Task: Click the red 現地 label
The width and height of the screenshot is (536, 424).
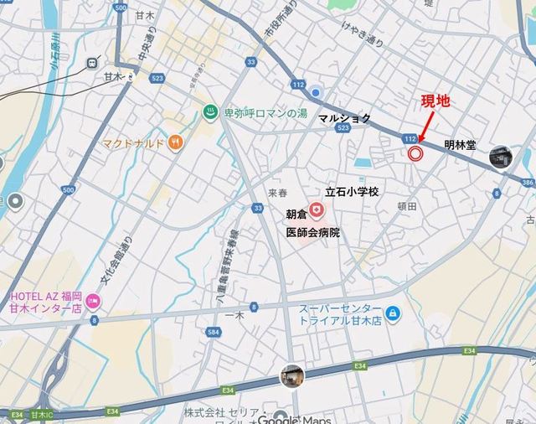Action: (435, 101)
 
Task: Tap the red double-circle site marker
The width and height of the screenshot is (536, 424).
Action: (415, 153)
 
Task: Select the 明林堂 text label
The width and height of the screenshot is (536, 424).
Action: (460, 145)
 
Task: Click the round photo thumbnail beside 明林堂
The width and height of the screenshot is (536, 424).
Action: (501, 155)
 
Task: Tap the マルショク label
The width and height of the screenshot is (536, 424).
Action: (344, 119)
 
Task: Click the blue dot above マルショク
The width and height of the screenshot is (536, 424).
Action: (316, 91)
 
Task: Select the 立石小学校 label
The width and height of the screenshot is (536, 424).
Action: (352, 192)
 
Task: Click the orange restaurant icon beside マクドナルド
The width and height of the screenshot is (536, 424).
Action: (174, 142)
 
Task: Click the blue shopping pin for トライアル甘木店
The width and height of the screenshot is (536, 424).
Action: (394, 314)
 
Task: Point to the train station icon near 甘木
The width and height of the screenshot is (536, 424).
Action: (90, 61)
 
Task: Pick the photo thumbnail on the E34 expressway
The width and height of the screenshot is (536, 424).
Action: (291, 376)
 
